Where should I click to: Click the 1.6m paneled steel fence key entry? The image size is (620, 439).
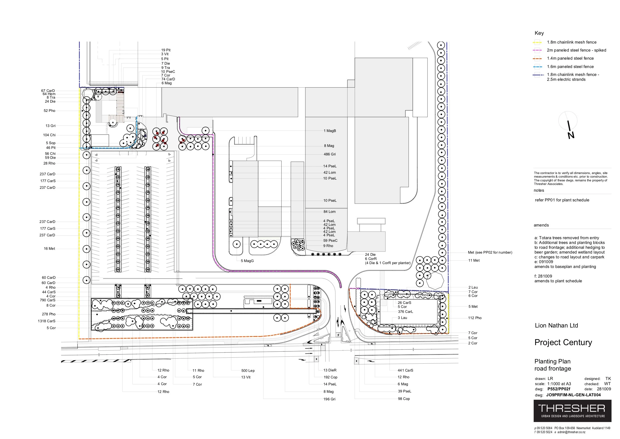pos(570,67)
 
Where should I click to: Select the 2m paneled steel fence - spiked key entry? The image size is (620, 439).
pos(576,50)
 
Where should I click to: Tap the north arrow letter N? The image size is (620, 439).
pos(571,135)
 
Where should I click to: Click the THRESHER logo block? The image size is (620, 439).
pos(572,411)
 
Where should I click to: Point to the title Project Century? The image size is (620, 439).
pos(563,342)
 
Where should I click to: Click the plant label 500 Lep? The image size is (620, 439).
pos(248,371)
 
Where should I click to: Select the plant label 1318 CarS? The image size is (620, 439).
pos(46,321)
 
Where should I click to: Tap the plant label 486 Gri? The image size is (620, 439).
pos(329,154)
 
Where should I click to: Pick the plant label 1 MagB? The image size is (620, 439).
pos(330,131)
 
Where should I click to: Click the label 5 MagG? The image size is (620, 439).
pos(247,261)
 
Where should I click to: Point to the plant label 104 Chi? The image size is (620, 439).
pos(49,135)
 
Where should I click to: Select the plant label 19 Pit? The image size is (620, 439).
pos(166,50)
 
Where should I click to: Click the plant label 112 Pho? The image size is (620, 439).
pos(475,318)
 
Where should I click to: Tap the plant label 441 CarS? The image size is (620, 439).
pos(405,370)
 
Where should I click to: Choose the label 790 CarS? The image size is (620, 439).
pos(47,300)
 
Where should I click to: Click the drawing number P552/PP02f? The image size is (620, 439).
pos(559,389)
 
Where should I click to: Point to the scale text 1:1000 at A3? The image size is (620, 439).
pos(559,384)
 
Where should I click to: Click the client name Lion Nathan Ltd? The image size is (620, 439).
pos(556,326)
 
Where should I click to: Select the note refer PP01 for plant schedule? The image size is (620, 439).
pos(562,200)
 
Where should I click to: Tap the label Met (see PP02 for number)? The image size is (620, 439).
pos(490,252)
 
